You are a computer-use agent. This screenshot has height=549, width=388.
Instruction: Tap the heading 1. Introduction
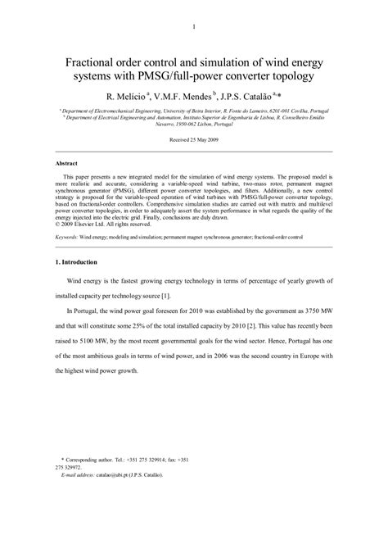point(79,262)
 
